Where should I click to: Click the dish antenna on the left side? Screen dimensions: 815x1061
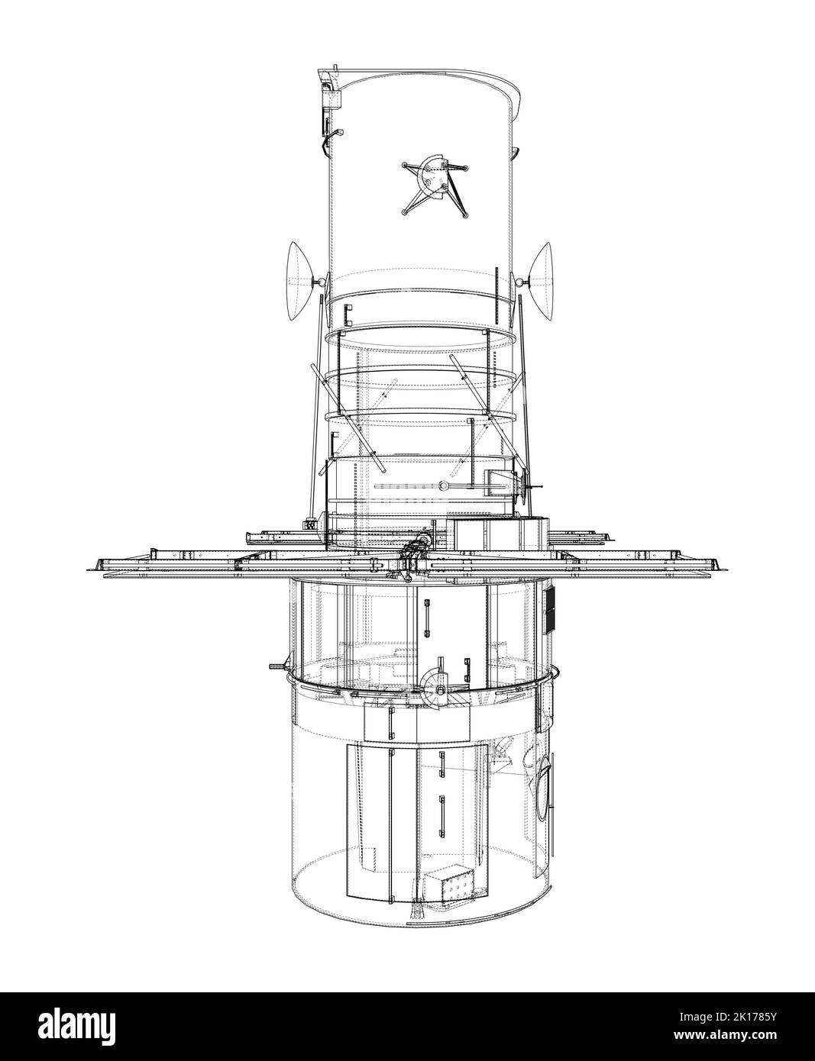coord(299,281)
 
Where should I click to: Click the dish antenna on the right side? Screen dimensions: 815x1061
coord(542,281)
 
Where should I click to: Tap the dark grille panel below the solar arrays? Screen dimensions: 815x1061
coord(549,610)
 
